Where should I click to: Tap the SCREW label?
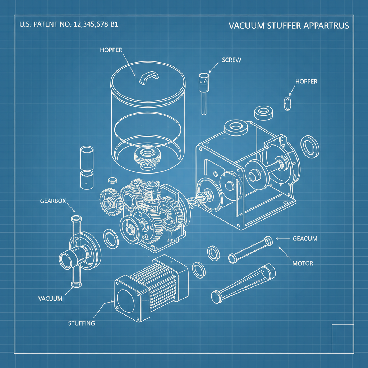click(x=231, y=60)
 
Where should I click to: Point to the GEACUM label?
click(x=305, y=239)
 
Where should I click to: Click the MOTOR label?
click(x=302, y=263)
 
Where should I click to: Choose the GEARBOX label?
click(x=53, y=201)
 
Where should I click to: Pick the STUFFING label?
click(x=81, y=323)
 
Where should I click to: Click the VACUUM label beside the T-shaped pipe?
click(x=50, y=299)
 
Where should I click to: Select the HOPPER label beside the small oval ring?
click(x=306, y=82)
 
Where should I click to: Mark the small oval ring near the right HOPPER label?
click(x=287, y=103)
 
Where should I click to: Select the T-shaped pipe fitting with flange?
click(x=79, y=252)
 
